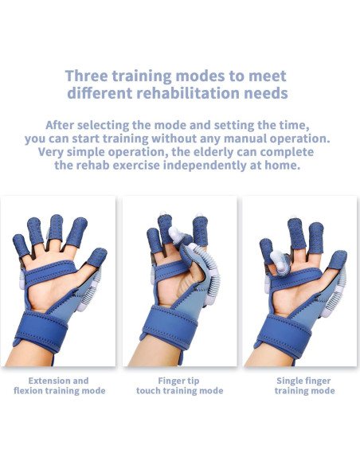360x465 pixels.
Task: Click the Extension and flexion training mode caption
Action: (x=59, y=385)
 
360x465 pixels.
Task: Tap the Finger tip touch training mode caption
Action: (x=178, y=385)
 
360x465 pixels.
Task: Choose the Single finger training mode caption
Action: (x=304, y=385)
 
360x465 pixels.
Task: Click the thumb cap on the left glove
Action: (x=97, y=256)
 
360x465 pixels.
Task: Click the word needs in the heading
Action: (x=266, y=93)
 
